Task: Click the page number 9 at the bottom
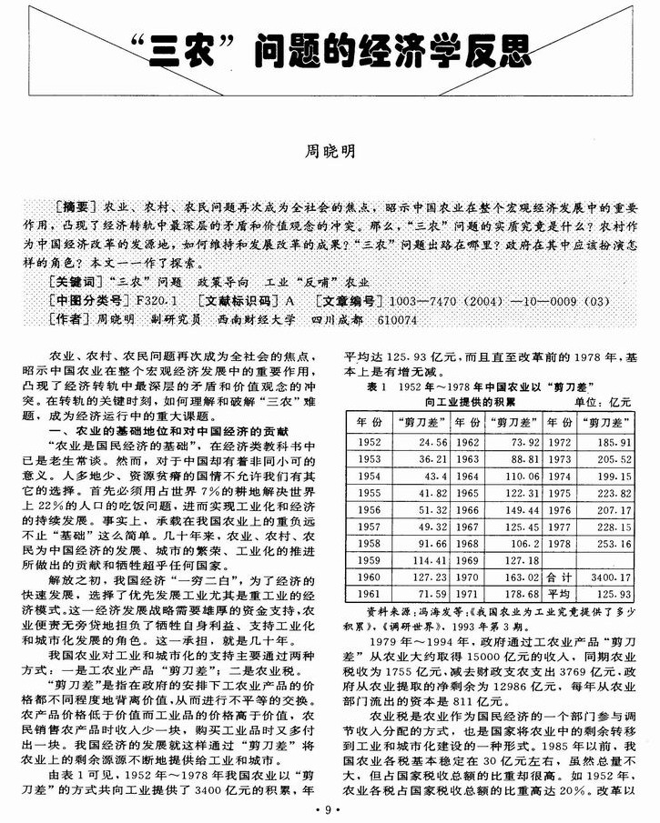(329, 808)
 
